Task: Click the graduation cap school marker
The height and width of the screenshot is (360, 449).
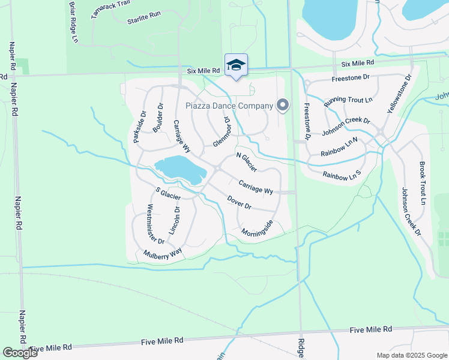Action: (x=236, y=65)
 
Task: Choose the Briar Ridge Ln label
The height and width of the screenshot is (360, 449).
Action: (x=74, y=22)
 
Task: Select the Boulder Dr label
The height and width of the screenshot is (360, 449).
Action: (x=158, y=118)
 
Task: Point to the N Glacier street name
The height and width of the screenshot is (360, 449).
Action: (x=247, y=161)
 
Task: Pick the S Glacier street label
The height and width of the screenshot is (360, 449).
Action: (x=167, y=194)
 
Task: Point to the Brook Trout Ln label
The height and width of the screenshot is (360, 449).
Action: (x=423, y=184)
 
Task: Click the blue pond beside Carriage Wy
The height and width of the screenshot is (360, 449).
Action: (x=180, y=169)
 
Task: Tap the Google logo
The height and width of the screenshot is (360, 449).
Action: (x=19, y=352)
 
